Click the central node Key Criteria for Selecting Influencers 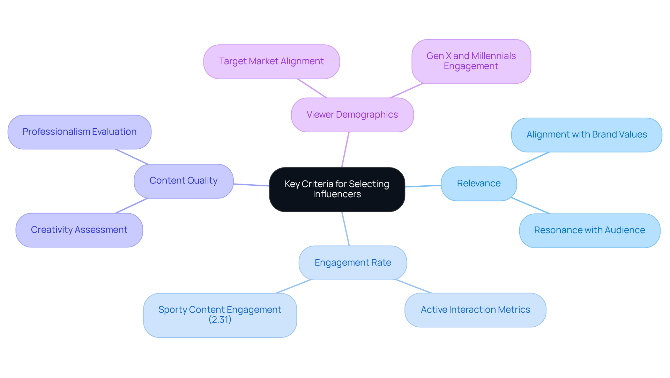pyautogui.click(x=337, y=189)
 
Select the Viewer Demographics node pyautogui.click(x=352, y=115)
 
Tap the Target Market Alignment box pyautogui.click(x=271, y=61)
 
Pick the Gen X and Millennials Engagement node pyautogui.click(x=471, y=61)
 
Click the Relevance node pyautogui.click(x=478, y=184)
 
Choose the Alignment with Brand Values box pyautogui.click(x=586, y=135)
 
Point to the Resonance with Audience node pyautogui.click(x=589, y=230)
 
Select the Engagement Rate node pyautogui.click(x=352, y=262)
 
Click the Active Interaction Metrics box pyautogui.click(x=475, y=310)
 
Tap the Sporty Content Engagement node pyautogui.click(x=219, y=310)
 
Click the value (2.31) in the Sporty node pyautogui.click(x=220, y=320)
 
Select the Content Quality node pyautogui.click(x=183, y=181)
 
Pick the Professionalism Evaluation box pyautogui.click(x=79, y=132)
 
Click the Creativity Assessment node pyautogui.click(x=79, y=230)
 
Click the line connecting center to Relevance pyautogui.click(x=423, y=186)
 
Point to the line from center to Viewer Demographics pyautogui.click(x=345, y=150)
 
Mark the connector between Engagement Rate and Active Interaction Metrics pyautogui.click(x=414, y=286)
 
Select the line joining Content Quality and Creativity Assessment pyautogui.click(x=132, y=206)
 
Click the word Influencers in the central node pyautogui.click(x=337, y=194)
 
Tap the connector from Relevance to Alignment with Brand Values pyautogui.click(x=530, y=161)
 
